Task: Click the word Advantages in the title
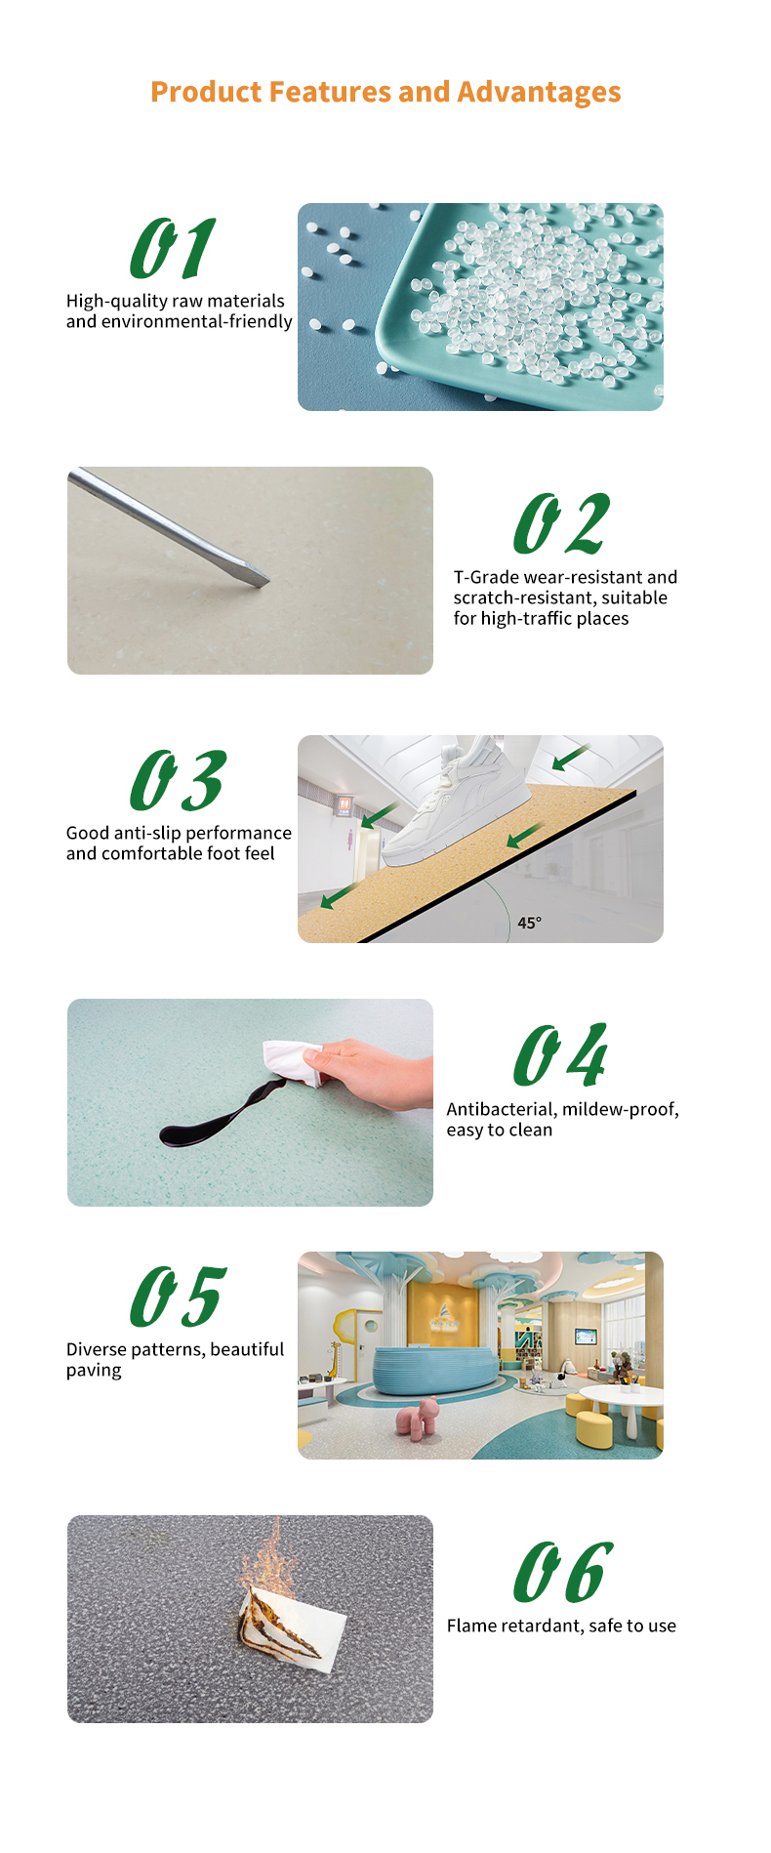(539, 93)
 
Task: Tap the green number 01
(173, 248)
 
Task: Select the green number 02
(562, 523)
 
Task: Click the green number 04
(561, 1055)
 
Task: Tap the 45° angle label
(530, 923)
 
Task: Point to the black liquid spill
(221, 1116)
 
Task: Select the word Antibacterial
(501, 1109)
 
